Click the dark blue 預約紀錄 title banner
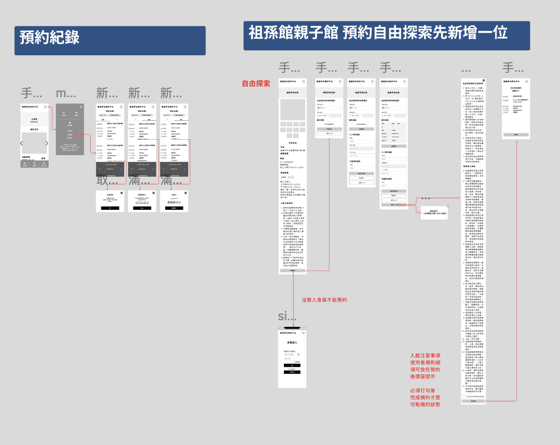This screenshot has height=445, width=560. (x=110, y=40)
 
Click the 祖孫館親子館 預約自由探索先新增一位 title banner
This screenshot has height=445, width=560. (x=386, y=35)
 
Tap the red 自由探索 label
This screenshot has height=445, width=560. (x=256, y=84)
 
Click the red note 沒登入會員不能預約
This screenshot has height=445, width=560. (x=324, y=300)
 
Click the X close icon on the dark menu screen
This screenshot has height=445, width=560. (x=81, y=107)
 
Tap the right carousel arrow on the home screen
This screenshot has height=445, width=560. (x=46, y=144)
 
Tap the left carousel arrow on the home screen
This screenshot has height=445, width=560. (x=22, y=144)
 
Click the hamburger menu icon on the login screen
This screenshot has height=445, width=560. (x=303, y=333)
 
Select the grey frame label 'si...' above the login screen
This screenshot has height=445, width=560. (x=287, y=316)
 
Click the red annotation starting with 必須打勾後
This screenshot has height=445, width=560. (x=425, y=398)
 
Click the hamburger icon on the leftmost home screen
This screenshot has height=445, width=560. (x=46, y=107)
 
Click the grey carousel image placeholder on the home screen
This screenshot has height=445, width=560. (x=34, y=144)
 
